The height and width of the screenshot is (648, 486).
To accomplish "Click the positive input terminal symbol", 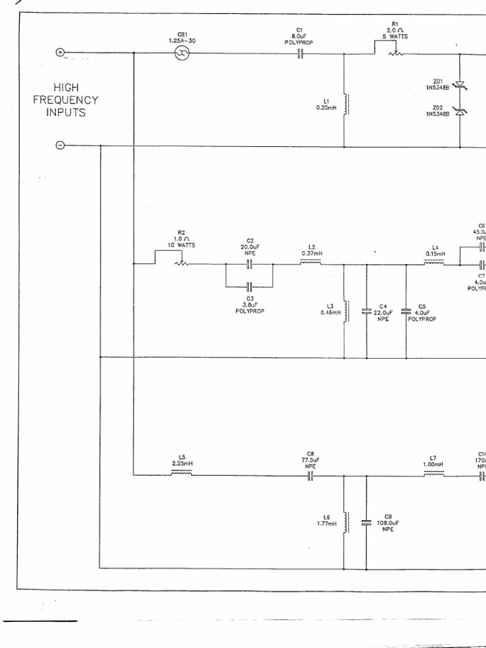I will tap(61, 53).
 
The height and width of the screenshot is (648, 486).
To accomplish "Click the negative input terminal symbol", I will tap(60, 146).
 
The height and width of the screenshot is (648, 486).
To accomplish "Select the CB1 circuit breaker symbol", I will tap(182, 54).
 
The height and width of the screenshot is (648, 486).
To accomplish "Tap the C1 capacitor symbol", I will tap(301, 54).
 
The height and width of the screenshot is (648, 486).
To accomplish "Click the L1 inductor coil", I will tap(346, 104).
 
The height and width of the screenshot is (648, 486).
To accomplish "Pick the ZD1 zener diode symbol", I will tap(460, 84).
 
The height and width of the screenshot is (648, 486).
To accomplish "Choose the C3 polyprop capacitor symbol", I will tap(249, 285).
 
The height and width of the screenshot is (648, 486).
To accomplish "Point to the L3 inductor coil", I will tap(346, 311).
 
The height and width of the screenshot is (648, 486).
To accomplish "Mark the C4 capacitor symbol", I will tap(366, 311).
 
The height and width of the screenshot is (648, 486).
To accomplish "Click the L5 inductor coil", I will tap(182, 473).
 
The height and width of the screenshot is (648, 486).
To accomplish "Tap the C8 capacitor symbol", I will tap(310, 476).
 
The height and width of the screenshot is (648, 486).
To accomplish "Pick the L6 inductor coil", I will tap(346, 523).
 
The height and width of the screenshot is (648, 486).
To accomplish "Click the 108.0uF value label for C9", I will tap(387, 523).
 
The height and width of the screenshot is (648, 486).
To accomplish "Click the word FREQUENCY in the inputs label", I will tap(66, 100).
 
